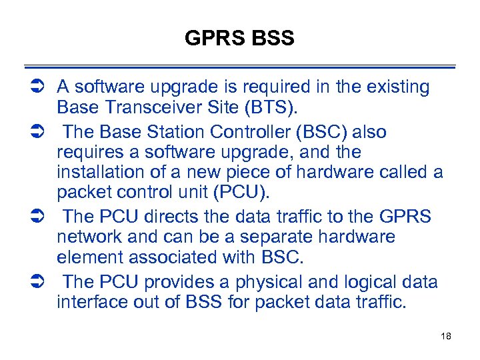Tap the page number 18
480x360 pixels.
[446, 336]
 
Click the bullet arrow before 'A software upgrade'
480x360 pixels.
[37, 87]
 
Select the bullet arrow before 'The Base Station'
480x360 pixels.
[37, 132]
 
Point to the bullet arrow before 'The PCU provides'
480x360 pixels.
[37, 282]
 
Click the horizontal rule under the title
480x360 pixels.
[240, 67]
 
